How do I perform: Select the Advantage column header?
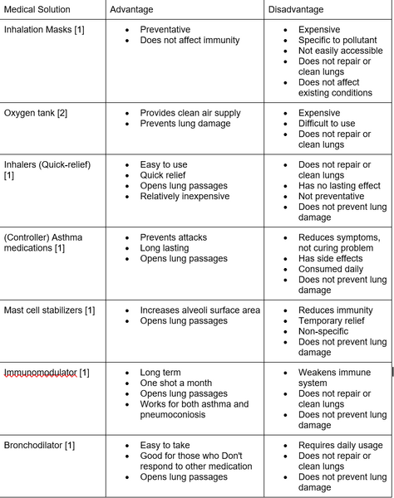[136, 9]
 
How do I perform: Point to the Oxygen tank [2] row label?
[36, 113]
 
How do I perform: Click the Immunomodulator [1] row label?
[47, 373]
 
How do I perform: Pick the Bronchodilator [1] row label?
[40, 446]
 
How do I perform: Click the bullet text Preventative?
[165, 30]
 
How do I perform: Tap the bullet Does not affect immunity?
[190, 40]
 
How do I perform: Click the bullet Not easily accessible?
[340, 51]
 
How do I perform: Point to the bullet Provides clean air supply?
[190, 113]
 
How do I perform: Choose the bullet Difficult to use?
[328, 123]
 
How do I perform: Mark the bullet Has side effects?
[331, 258]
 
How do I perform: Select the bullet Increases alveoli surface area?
[199, 310]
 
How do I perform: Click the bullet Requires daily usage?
[339, 446]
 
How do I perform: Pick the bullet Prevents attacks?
[173, 237]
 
